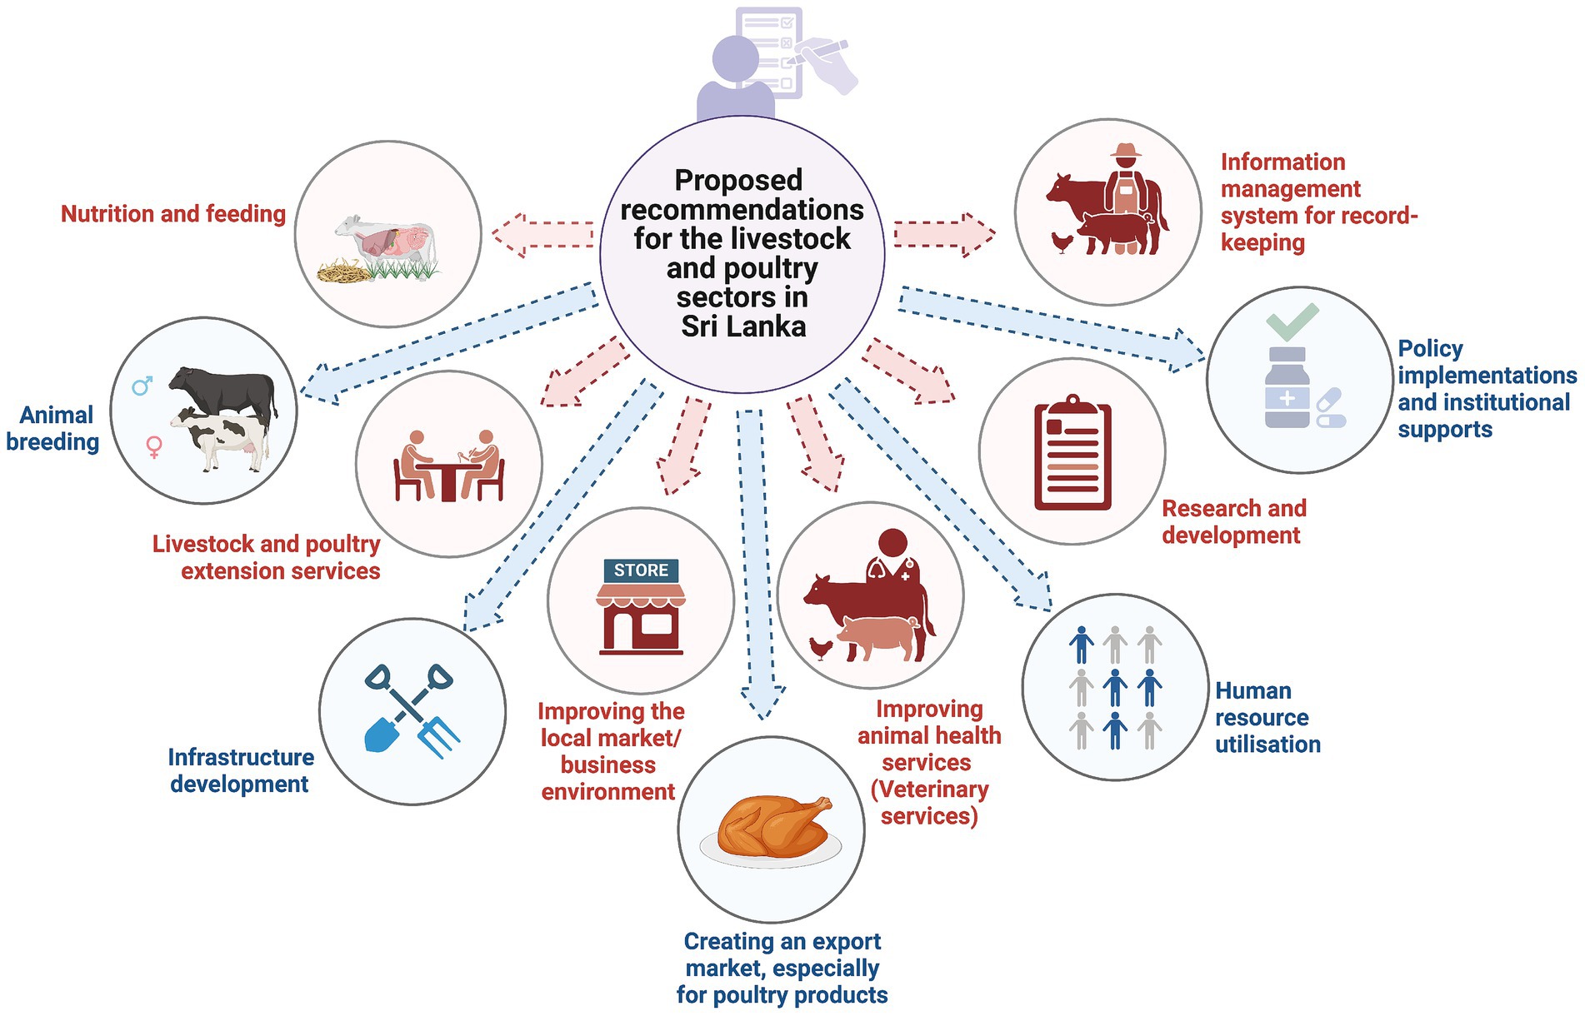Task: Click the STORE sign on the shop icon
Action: click(x=641, y=570)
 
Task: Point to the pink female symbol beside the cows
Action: click(x=154, y=446)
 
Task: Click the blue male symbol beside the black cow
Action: click(x=142, y=386)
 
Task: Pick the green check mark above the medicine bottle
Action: click(x=1292, y=321)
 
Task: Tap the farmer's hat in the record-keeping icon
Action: click(x=1126, y=152)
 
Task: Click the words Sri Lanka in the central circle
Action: click(x=743, y=326)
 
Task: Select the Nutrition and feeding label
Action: click(x=173, y=214)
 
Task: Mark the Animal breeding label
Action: click(x=53, y=428)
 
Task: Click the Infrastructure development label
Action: click(x=241, y=770)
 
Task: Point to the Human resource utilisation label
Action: click(x=1267, y=717)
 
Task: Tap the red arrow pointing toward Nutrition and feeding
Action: click(x=542, y=235)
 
